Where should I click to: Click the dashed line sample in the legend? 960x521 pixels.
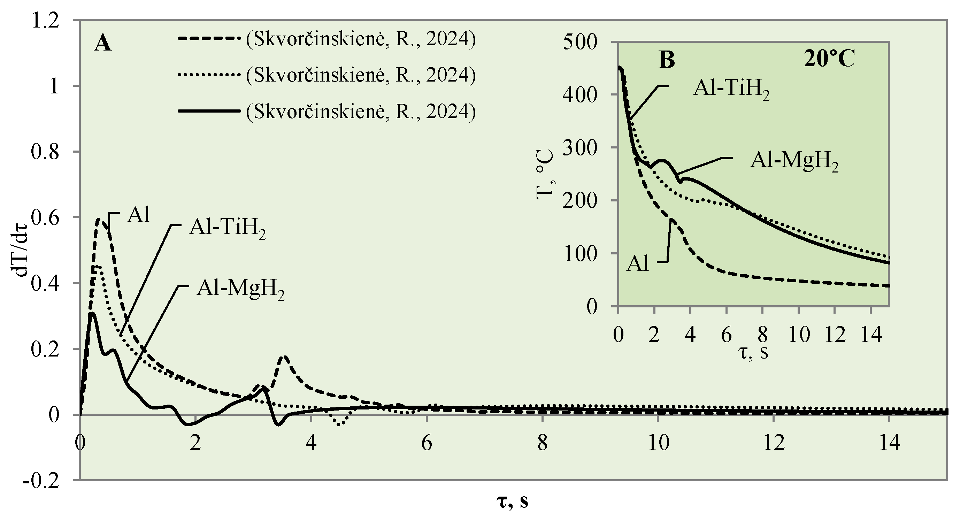[x=209, y=39]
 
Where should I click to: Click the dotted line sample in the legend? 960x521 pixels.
[x=209, y=75]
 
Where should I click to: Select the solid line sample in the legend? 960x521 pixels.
[x=209, y=111]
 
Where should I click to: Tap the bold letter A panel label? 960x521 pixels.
[x=102, y=44]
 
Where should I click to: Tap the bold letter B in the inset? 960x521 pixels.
[x=667, y=60]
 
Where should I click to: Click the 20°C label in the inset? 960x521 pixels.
[x=829, y=59]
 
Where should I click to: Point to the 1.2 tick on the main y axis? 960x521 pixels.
[x=45, y=21]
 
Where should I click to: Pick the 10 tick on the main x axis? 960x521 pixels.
[x=658, y=444]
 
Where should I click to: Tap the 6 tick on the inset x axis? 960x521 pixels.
[x=726, y=335]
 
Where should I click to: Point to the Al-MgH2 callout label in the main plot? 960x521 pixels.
[x=240, y=289]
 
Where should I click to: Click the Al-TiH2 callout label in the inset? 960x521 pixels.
[x=731, y=90]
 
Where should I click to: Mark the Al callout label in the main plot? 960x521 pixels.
[x=139, y=215]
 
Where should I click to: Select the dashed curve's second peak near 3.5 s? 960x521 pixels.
[x=284, y=357]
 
